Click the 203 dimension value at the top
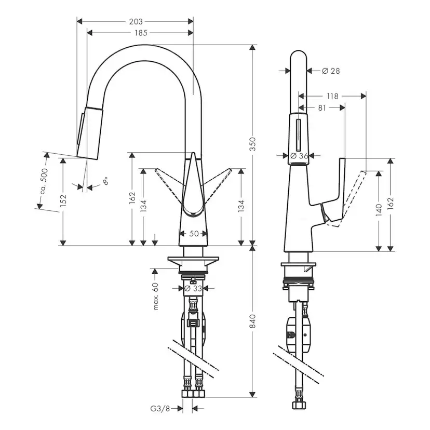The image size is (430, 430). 135,21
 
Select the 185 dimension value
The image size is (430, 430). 140,33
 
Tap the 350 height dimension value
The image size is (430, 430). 253,146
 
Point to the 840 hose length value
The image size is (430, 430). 253,322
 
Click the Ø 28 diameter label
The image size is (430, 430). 330,71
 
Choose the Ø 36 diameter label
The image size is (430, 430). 300,155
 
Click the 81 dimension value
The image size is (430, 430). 321,107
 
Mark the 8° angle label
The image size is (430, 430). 105,181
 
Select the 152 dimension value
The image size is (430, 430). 63,201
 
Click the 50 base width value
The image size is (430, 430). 194,234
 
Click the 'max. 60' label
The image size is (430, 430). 156,297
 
